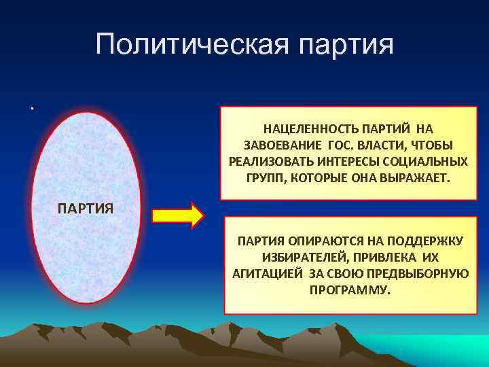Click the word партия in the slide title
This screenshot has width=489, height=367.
[x=344, y=46]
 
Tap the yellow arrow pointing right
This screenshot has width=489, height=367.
[x=177, y=215]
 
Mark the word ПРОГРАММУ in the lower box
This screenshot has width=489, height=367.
[x=350, y=290]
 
